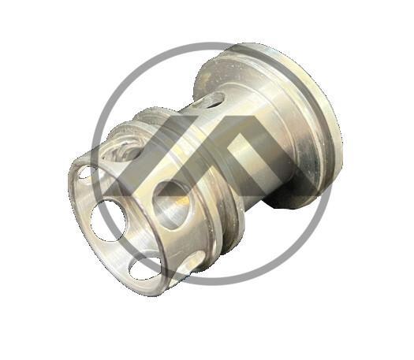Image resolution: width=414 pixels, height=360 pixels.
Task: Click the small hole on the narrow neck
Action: click(209, 101)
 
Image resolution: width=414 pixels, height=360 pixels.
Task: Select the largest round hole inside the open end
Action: click(107, 220)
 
